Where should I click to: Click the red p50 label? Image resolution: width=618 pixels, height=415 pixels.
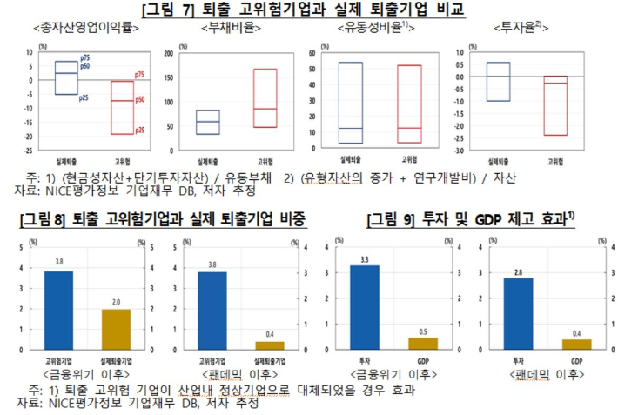pyautogui.click(x=139, y=100)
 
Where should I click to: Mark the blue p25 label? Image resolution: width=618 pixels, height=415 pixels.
pyautogui.click(x=84, y=97)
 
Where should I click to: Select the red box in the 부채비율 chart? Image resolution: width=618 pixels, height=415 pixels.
pyautogui.click(x=265, y=98)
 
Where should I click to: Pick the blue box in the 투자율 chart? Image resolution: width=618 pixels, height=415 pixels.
pyautogui.click(x=498, y=81)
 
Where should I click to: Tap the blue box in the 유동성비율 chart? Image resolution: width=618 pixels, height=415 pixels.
pyautogui.click(x=350, y=102)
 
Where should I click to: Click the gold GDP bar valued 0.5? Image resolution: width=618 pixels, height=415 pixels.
pyautogui.click(x=423, y=344)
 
